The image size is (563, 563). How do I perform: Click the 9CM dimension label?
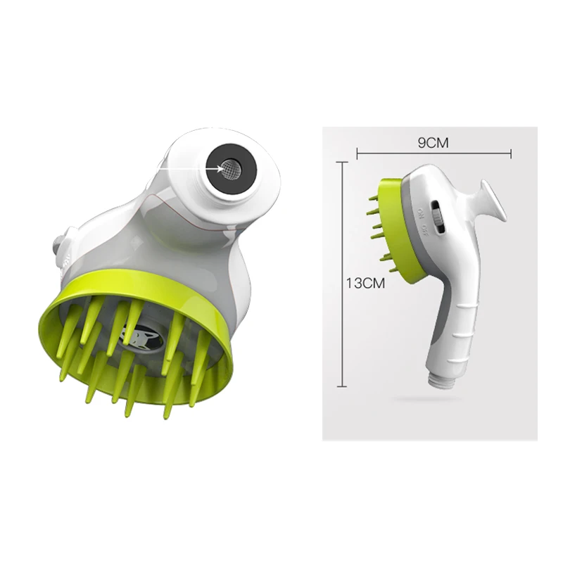click(x=433, y=143)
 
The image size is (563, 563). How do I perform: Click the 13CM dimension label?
click(x=365, y=283)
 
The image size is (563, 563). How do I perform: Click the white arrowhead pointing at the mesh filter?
click(x=220, y=167)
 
